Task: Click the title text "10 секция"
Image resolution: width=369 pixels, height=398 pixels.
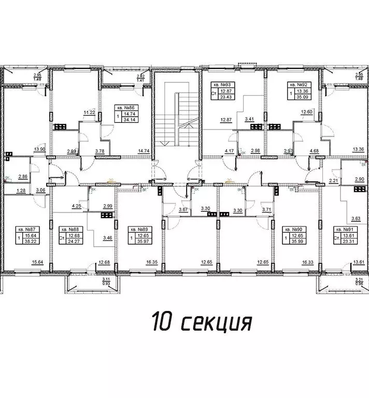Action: pyautogui.click(x=202, y=322)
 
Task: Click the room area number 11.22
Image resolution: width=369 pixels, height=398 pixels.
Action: pyautogui.click(x=89, y=112)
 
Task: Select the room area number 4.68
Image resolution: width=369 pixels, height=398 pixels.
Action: pyautogui.click(x=314, y=151)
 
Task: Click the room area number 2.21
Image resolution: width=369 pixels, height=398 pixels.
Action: pyautogui.click(x=333, y=180)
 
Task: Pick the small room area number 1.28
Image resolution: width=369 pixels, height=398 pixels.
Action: pyautogui.click(x=21, y=191)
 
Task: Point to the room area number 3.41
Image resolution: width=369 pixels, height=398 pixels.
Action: pyautogui.click(x=250, y=119)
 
